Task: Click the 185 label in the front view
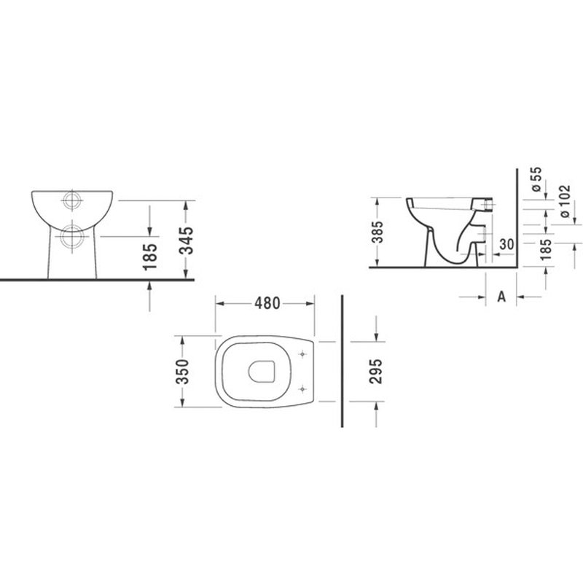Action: point(150,257)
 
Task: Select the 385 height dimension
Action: point(377,232)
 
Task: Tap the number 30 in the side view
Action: point(508,245)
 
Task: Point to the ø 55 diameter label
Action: point(536,179)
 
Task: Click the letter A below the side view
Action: point(501,297)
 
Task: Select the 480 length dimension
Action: point(267,302)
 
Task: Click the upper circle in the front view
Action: point(73,200)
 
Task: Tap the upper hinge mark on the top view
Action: point(302,354)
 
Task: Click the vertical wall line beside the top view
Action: point(343,364)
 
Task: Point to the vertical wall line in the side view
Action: point(516,219)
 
